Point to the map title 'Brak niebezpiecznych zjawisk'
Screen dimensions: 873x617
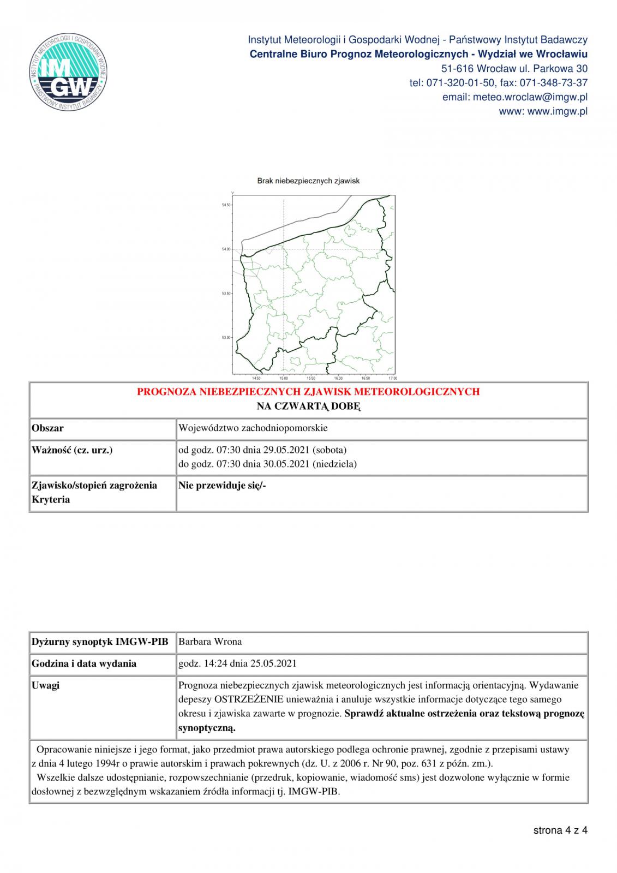click(x=308, y=181)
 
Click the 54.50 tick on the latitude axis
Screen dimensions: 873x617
click(x=226, y=205)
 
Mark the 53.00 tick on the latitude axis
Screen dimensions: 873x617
click(x=226, y=338)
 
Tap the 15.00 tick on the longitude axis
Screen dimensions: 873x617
click(x=284, y=378)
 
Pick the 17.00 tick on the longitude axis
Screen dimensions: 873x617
click(x=392, y=378)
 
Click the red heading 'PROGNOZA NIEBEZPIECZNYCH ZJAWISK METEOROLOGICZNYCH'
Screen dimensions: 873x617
click(x=308, y=392)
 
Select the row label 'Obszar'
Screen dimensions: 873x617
click(x=48, y=428)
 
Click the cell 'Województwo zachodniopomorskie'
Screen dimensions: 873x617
click(x=253, y=428)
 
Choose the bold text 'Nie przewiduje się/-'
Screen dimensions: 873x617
click(x=222, y=486)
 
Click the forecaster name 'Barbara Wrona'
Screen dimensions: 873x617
click(x=211, y=642)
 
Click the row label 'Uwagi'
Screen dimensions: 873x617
click(x=46, y=685)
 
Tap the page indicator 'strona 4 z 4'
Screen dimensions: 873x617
click(x=560, y=830)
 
